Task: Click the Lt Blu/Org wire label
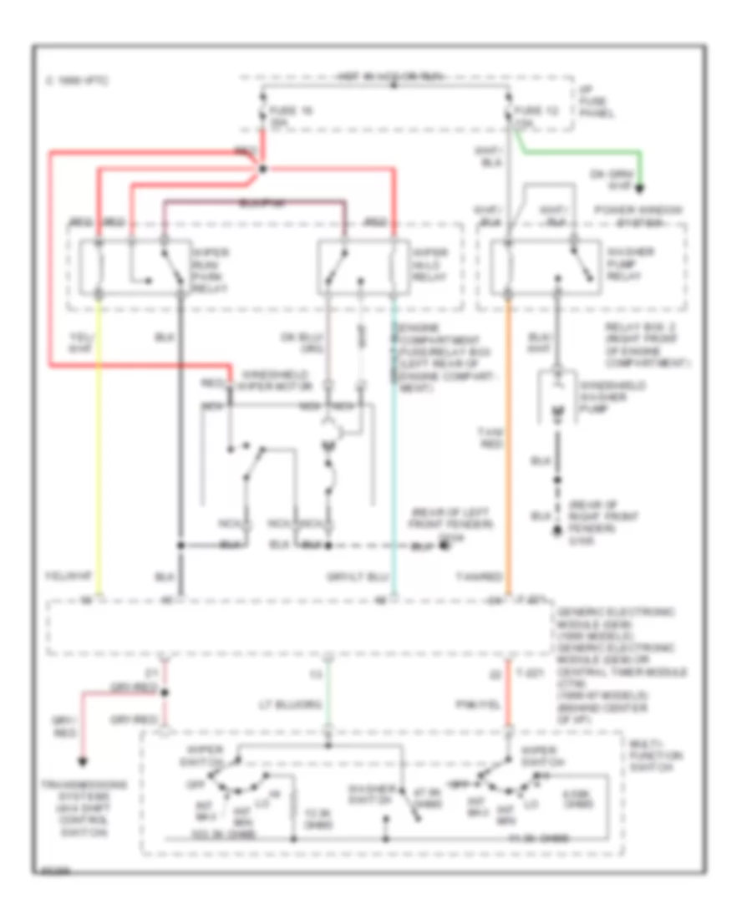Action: click(x=301, y=704)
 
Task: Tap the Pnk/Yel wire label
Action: click(x=489, y=704)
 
